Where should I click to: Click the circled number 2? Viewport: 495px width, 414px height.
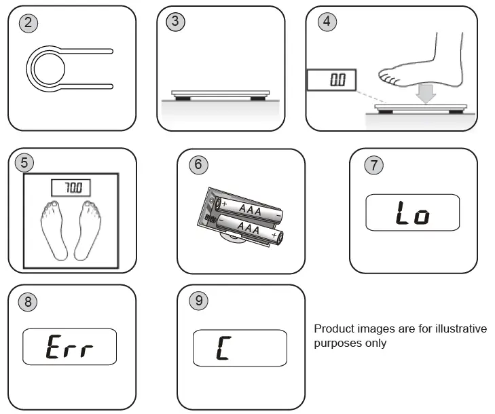point(29,22)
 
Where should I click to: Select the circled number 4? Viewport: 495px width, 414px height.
point(327,21)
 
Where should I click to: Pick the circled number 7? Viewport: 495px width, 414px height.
point(373,164)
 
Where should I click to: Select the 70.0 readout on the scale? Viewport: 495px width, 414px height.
point(71,187)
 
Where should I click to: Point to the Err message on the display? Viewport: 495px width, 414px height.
point(69,348)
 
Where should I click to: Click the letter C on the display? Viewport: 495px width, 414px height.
point(221,348)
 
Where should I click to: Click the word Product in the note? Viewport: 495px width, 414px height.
point(332,329)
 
